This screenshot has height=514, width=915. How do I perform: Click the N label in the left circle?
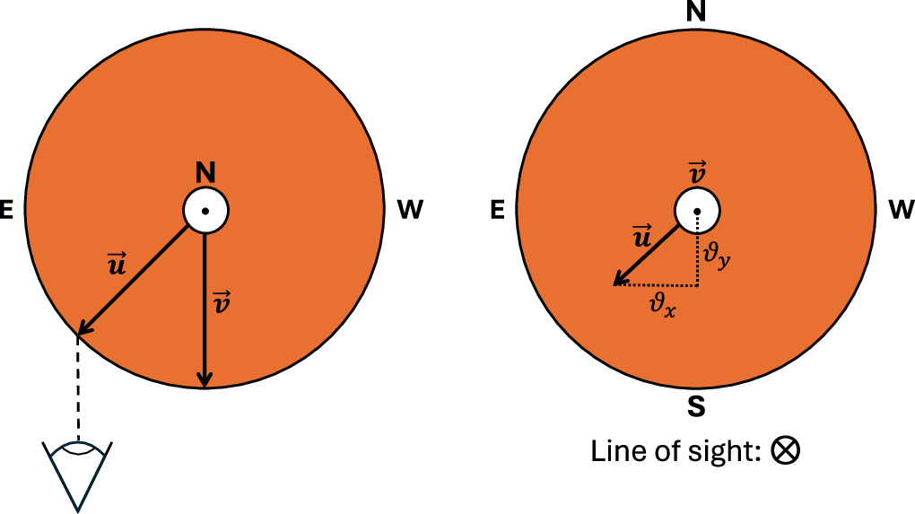[x=205, y=172]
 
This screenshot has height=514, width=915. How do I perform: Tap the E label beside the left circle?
[x=8, y=211]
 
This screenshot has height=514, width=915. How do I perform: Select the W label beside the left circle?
[x=409, y=211]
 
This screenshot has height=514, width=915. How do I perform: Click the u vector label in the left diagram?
[x=117, y=266]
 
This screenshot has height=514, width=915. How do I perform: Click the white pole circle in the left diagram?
[x=205, y=211]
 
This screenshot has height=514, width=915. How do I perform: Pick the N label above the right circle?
[x=695, y=12]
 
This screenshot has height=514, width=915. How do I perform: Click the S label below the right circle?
[x=695, y=408]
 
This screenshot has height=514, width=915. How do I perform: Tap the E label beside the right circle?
[x=499, y=211]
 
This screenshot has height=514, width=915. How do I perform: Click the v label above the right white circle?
[x=696, y=171]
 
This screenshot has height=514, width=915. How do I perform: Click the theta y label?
[x=717, y=257]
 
